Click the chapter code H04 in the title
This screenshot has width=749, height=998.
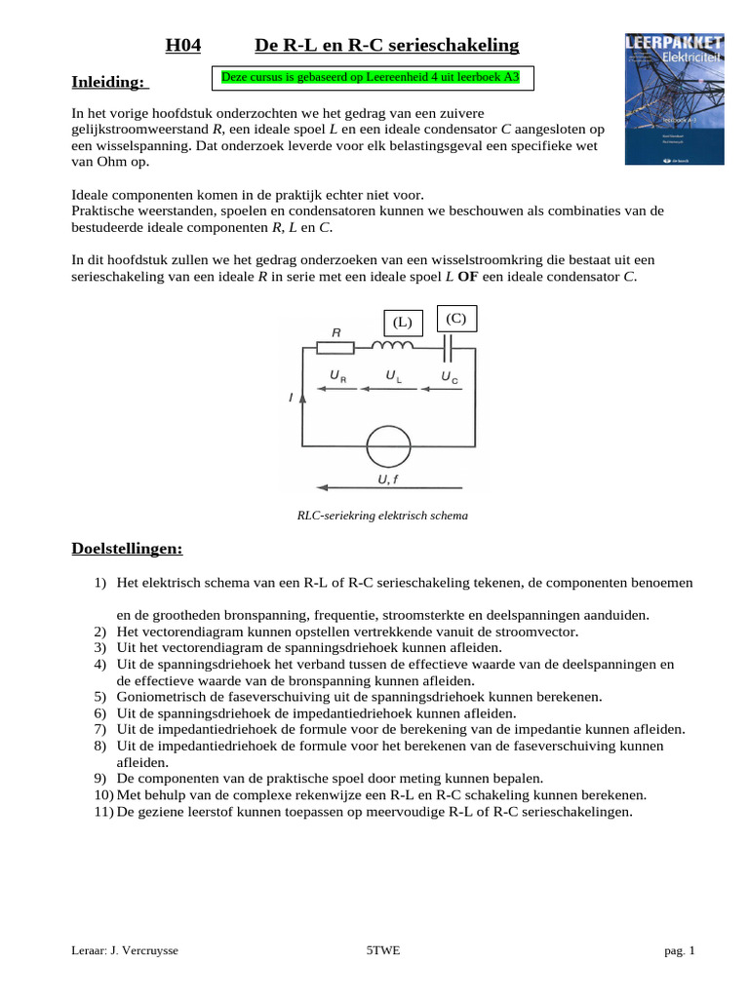182,46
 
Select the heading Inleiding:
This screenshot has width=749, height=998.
110,82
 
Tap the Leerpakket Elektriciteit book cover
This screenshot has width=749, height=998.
674,98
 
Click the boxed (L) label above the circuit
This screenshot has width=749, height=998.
403,322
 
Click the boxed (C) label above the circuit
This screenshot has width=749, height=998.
455,319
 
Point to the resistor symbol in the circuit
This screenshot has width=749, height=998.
336,347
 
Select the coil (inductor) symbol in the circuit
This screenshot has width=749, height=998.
394,346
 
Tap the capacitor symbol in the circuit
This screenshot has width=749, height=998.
450,347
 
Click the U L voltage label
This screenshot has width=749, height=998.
392,375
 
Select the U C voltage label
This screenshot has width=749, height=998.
449,375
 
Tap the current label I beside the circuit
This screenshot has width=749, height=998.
291,399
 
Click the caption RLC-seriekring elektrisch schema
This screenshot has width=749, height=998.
382,516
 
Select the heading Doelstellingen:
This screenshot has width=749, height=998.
128,550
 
